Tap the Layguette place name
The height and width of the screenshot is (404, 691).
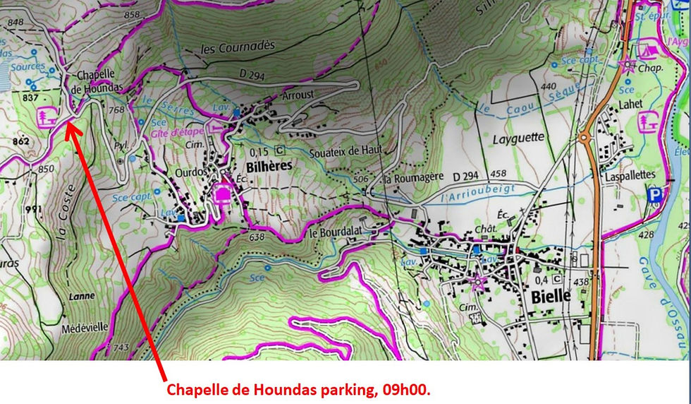pos(520,138)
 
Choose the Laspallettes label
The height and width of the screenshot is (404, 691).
pos(630,174)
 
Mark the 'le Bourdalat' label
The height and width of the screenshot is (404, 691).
pos(334,232)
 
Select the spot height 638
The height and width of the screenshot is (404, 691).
pos(257,238)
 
